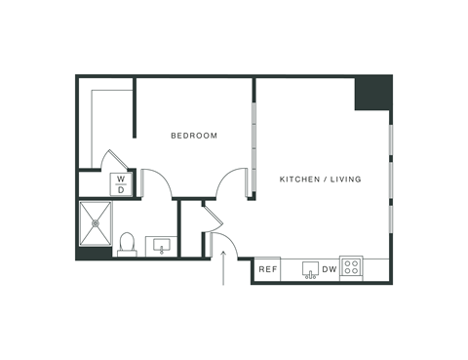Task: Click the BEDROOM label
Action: tap(193, 136)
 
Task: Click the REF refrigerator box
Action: tap(268, 269)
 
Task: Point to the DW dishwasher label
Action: tap(330, 269)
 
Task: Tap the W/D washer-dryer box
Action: tap(122, 184)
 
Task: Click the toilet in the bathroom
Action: tap(127, 244)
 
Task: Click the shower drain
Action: tap(96, 224)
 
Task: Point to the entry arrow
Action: tap(225, 268)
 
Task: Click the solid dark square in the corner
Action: tap(372, 95)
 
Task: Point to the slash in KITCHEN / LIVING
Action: tap(321, 180)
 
